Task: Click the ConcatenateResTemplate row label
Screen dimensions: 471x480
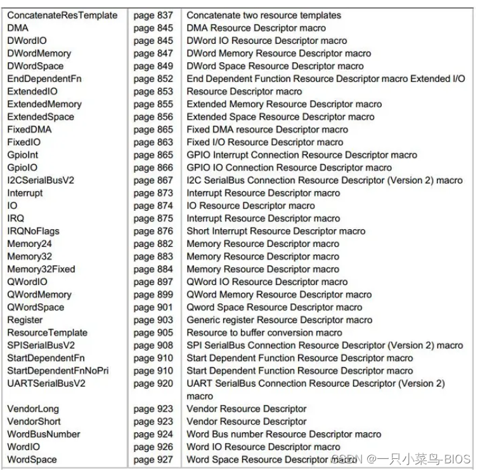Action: tap(62, 15)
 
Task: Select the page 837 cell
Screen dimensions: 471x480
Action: tap(153, 15)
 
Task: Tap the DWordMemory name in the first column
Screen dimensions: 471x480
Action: tap(39, 53)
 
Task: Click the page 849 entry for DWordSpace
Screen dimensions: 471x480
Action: tap(153, 66)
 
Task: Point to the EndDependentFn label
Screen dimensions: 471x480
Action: tap(44, 79)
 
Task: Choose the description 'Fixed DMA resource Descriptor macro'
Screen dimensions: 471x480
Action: tap(267, 129)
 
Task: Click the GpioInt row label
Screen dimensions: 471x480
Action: tap(23, 155)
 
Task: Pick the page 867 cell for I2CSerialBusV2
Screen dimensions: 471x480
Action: tap(153, 180)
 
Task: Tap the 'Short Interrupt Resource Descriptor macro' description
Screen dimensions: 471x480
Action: tap(276, 231)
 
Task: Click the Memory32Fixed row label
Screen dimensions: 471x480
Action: tap(41, 269)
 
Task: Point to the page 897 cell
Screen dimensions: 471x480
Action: tap(153, 282)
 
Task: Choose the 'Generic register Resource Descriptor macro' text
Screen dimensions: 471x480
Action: tap(279, 320)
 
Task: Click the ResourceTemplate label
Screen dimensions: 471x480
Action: tap(47, 333)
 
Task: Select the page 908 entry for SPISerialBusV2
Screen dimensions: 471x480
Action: tap(153, 345)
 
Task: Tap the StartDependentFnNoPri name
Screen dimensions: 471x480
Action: tap(58, 371)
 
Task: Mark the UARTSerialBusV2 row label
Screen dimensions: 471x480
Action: tap(46, 383)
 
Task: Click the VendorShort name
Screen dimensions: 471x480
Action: tap(34, 421)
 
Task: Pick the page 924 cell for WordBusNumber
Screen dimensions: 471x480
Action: tap(153, 434)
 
